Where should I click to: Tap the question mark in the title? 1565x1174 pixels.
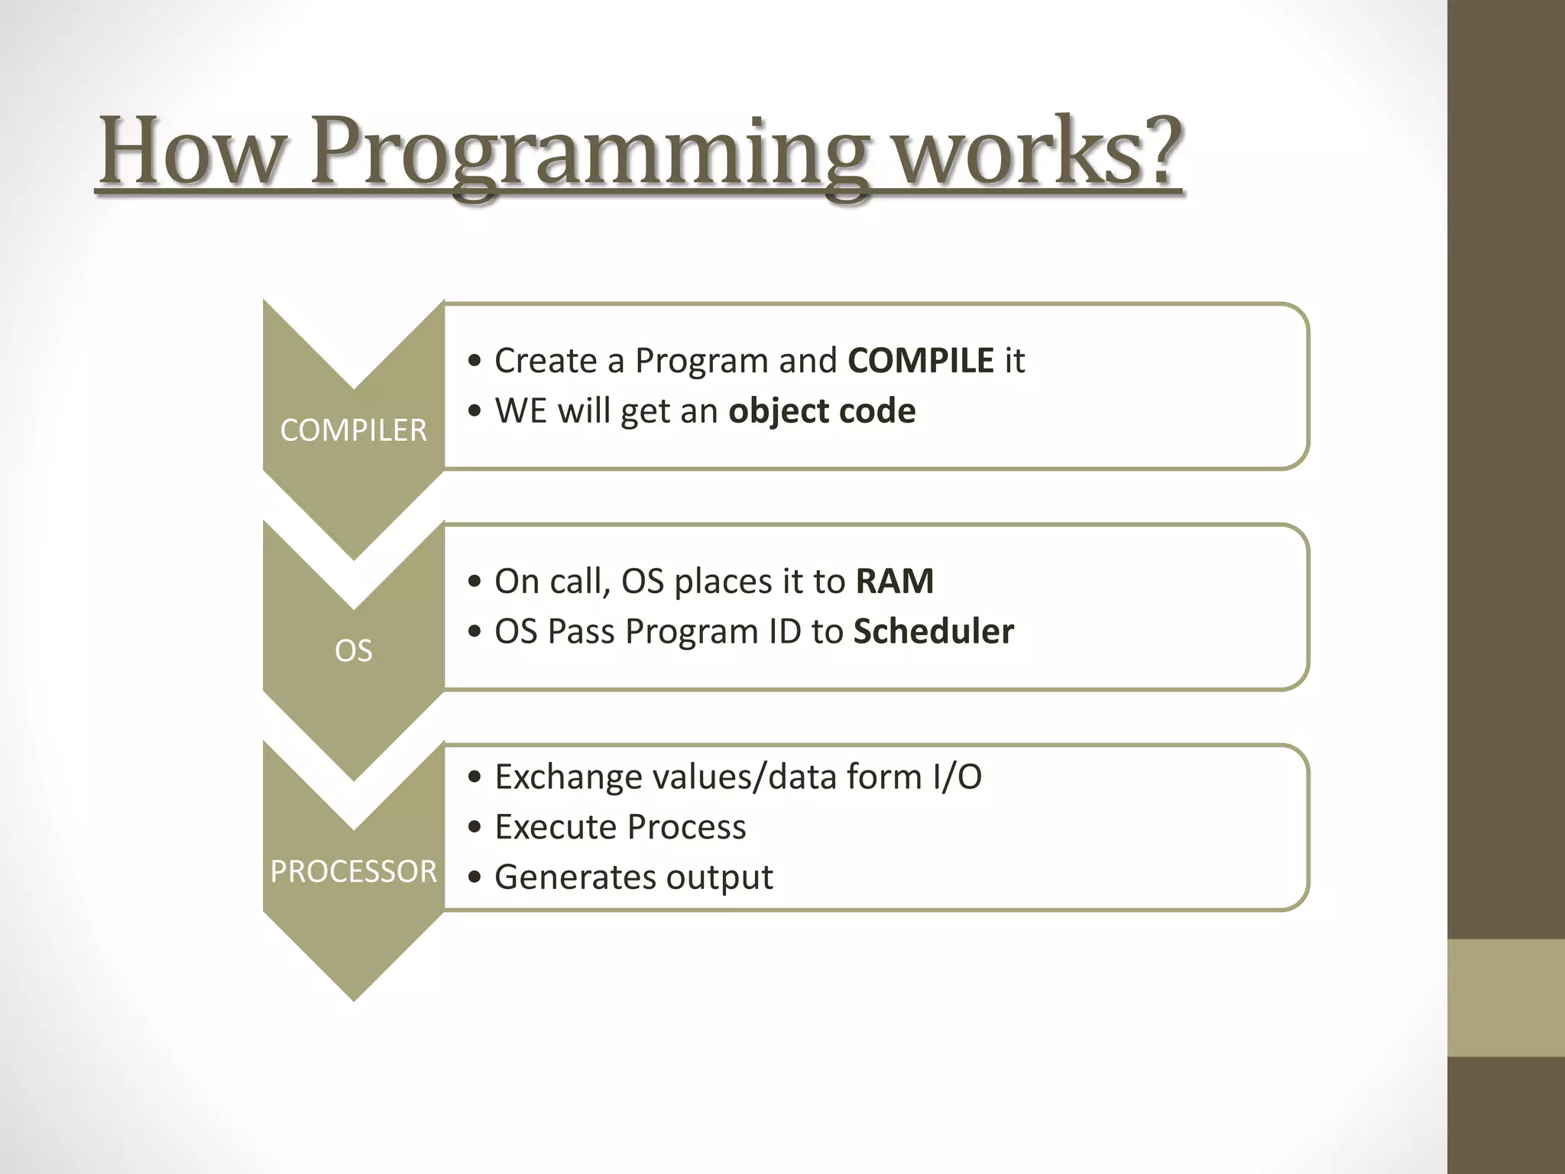point(1153,149)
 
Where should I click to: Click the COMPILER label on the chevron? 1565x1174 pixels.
point(353,430)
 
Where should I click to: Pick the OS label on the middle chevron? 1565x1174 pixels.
point(353,651)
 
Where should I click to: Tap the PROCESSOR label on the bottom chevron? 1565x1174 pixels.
point(353,871)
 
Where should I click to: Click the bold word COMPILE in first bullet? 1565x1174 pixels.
point(921,360)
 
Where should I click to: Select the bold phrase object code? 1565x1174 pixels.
point(821,411)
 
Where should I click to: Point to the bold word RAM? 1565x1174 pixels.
point(894,581)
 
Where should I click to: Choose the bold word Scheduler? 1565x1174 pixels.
point(933,631)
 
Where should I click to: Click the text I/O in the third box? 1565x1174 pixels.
point(957,777)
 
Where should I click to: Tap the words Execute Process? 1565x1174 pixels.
point(620,827)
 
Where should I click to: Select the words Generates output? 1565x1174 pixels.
point(633,877)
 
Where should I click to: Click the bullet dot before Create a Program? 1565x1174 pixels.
point(475,361)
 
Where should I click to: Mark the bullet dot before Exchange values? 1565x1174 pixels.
point(475,777)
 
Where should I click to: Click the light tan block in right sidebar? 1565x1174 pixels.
point(1505,997)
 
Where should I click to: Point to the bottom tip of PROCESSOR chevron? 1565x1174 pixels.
point(354,997)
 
